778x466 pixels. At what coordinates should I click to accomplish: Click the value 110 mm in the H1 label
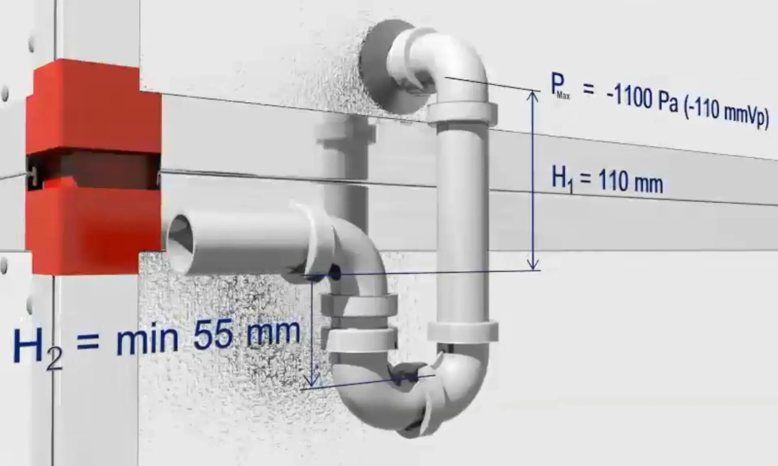click(631, 181)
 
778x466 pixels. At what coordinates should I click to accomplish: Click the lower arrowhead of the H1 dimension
click(533, 265)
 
